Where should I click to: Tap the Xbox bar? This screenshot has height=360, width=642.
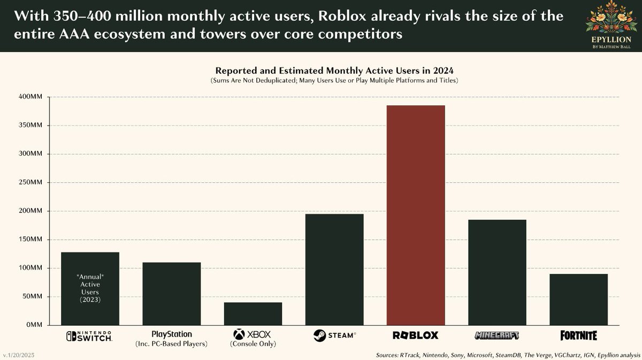(x=253, y=313)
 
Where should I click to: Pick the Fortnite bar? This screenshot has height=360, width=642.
(x=578, y=299)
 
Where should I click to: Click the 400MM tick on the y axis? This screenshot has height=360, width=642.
(x=32, y=97)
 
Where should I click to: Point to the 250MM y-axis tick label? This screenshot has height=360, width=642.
(x=32, y=182)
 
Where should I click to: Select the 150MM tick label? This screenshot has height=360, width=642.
(x=32, y=240)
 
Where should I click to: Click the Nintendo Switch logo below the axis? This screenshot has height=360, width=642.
(x=89, y=335)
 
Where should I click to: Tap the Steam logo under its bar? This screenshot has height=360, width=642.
(x=334, y=335)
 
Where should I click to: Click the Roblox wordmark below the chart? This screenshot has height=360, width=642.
(x=415, y=335)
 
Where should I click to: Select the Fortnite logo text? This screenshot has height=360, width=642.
(x=578, y=335)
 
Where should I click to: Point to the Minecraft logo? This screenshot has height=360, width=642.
(x=497, y=335)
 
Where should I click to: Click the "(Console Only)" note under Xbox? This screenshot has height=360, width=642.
(x=253, y=344)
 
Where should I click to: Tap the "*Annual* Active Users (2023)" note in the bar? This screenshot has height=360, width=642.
(x=90, y=288)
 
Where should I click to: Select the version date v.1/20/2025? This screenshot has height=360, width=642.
(x=21, y=355)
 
